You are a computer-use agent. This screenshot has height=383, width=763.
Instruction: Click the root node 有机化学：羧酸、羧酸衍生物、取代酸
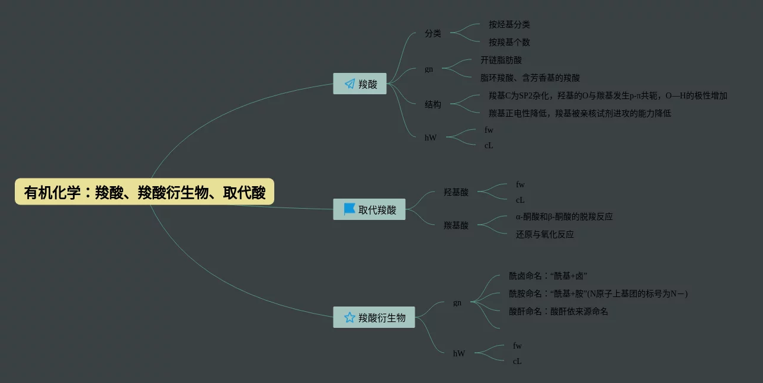145,192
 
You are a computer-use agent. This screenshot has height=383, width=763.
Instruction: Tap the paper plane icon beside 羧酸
350,84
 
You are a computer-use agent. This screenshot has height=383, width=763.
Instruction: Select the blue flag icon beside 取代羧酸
350,209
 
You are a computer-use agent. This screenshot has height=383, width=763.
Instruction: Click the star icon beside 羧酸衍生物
350,317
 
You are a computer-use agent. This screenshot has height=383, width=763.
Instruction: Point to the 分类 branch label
433,34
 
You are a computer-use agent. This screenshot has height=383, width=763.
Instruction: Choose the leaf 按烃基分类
509,25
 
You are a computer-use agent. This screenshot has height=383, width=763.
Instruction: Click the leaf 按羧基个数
509,43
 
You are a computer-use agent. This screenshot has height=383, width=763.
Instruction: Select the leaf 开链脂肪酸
501,60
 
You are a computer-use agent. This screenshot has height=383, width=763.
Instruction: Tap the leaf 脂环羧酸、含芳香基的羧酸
530,78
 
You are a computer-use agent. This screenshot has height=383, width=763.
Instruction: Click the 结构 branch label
433,104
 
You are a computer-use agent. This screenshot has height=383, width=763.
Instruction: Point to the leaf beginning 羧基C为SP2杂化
608,96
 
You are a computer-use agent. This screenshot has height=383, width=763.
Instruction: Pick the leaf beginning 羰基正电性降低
580,113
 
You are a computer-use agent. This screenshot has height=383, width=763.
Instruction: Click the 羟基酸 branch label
456,192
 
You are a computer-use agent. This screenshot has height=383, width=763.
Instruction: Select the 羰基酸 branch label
456,225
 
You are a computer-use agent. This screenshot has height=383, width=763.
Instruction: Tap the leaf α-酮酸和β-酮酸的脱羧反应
565,217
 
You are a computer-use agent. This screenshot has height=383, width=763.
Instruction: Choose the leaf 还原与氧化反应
545,235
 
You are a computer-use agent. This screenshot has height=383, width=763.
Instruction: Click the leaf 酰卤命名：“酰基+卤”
548,276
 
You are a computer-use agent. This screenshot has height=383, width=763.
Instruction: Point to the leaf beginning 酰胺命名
598,293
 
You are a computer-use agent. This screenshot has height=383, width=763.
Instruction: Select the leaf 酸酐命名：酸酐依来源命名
559,311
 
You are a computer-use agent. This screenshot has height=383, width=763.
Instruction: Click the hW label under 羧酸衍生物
459,353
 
